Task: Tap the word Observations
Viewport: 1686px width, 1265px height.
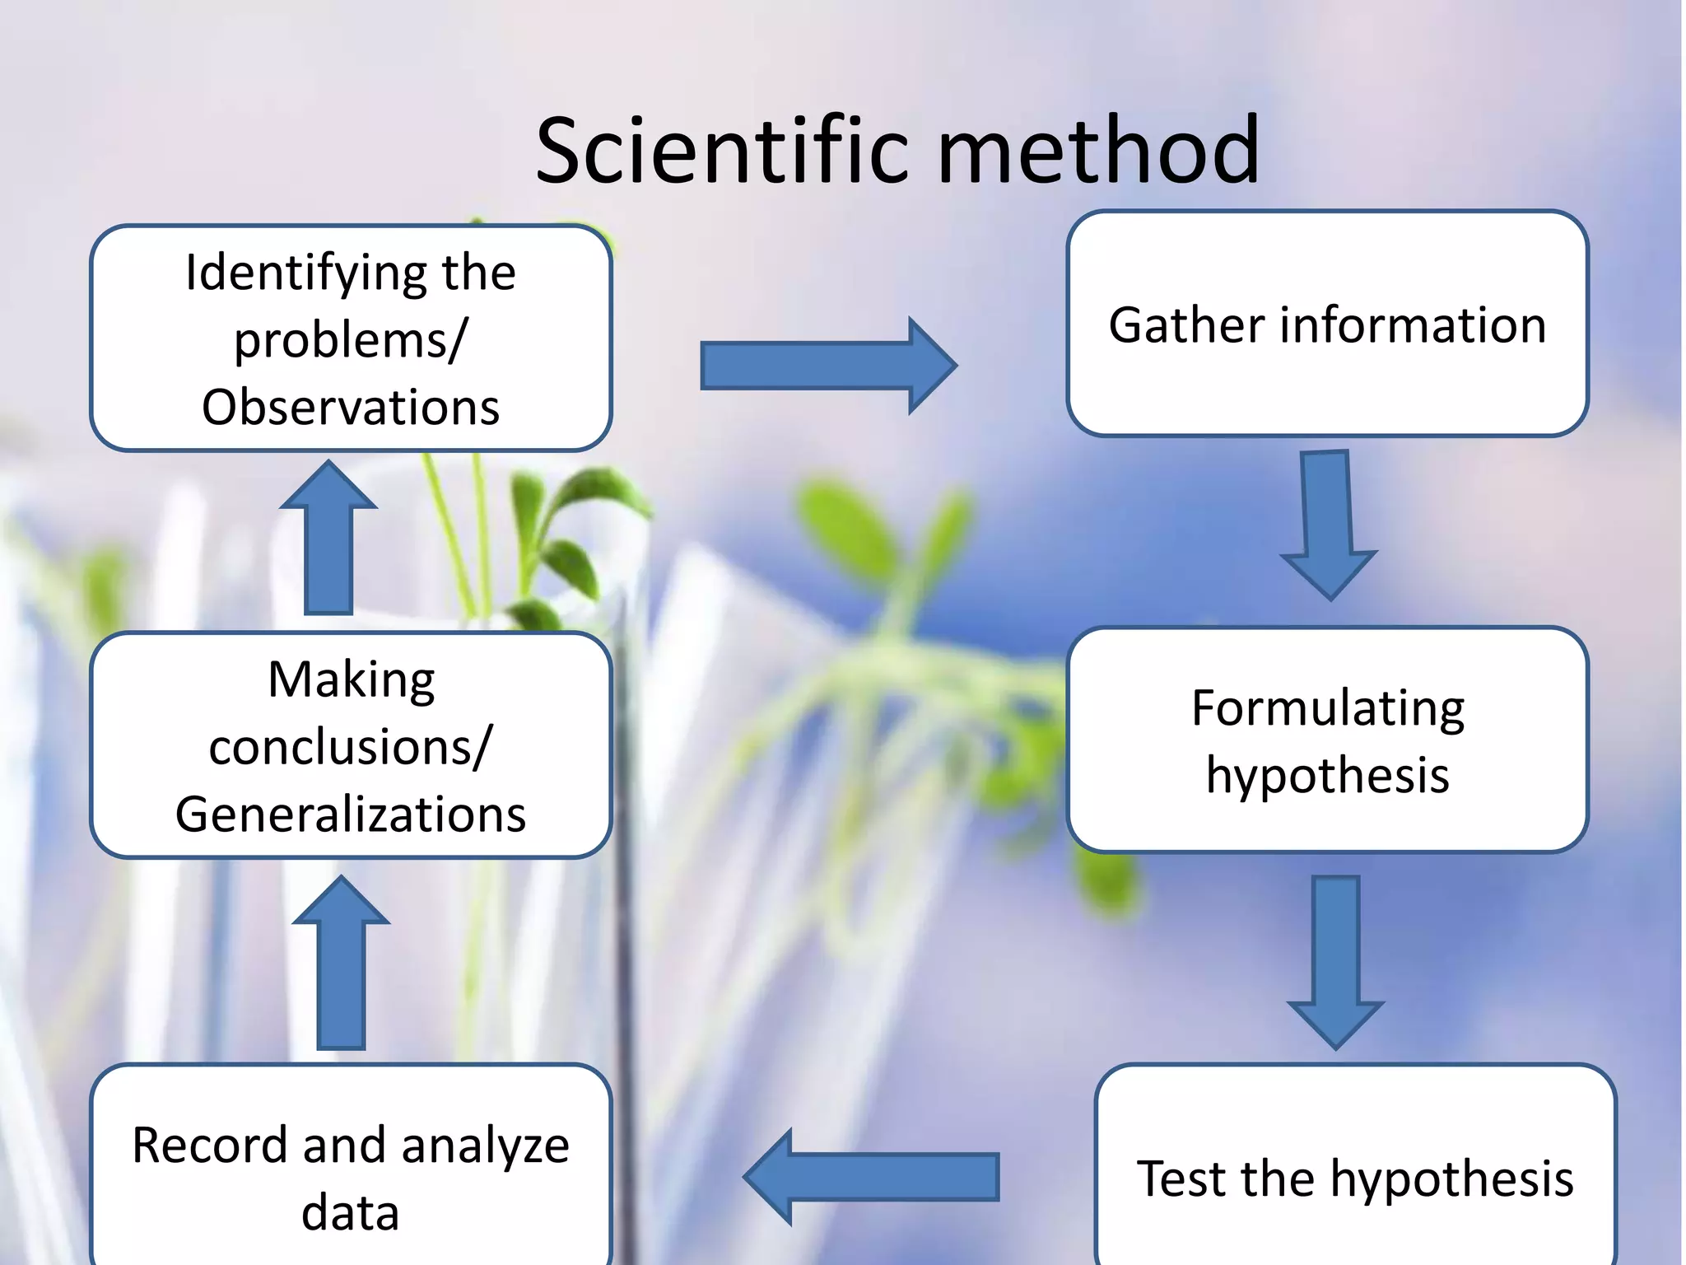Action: tap(351, 407)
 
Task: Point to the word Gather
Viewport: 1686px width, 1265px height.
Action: tap(1185, 325)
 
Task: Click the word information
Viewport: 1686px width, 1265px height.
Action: tap(1413, 325)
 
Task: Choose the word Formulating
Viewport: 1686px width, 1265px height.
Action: tap(1327, 708)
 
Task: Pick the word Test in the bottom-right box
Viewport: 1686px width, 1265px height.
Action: tap(1182, 1179)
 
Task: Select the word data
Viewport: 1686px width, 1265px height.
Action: tap(350, 1213)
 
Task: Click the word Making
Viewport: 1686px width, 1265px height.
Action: tap(352, 680)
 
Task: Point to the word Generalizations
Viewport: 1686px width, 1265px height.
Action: tap(351, 815)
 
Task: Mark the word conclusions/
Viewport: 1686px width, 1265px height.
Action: tap(350, 748)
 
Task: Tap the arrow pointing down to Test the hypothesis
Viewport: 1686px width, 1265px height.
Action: tap(1335, 960)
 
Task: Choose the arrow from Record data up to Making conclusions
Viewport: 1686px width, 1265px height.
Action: tap(341, 964)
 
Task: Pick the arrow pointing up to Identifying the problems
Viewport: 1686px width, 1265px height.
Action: tap(328, 539)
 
